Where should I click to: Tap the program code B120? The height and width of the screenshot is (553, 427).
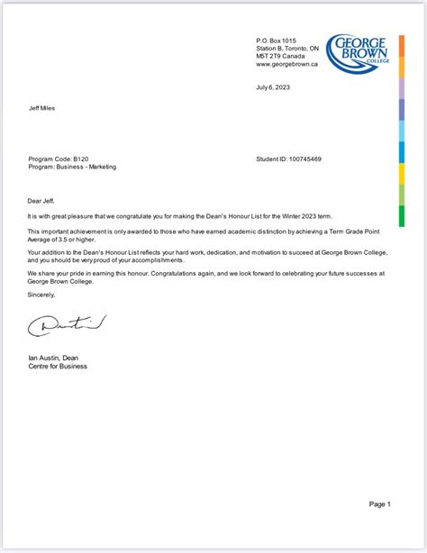pyautogui.click(x=79, y=159)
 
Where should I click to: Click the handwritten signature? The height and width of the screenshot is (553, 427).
pyautogui.click(x=68, y=324)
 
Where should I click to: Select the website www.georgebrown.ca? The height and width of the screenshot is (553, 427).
pyautogui.click(x=287, y=65)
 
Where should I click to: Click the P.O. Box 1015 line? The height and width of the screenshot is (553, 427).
pyautogui.click(x=276, y=41)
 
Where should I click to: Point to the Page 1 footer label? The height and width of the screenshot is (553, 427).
pyautogui.click(x=379, y=504)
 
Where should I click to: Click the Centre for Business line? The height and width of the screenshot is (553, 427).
pyautogui.click(x=58, y=367)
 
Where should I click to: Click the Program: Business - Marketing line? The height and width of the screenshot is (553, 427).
pyautogui.click(x=72, y=167)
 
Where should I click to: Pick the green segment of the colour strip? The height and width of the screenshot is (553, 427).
pyautogui.click(x=402, y=216)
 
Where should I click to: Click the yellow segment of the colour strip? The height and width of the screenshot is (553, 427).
pyautogui.click(x=402, y=172)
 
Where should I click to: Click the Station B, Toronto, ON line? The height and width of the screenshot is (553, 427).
pyautogui.click(x=287, y=49)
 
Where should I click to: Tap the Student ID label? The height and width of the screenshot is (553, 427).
pyautogui.click(x=272, y=159)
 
